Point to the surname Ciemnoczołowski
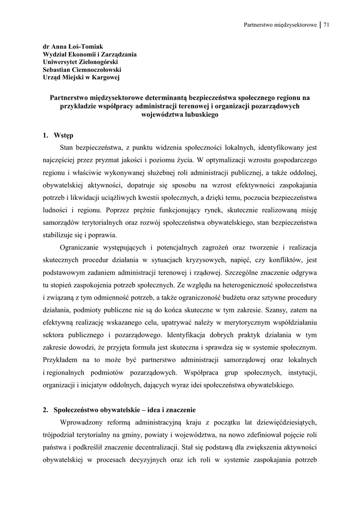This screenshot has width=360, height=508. click(93, 69)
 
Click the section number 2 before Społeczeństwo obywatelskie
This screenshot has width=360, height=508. click(45, 410)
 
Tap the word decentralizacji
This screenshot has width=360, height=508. click(155, 447)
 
